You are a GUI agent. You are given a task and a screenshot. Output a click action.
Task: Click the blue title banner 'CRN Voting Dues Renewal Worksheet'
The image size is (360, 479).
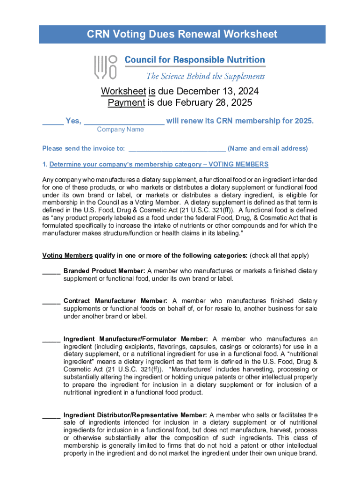(x=182, y=34)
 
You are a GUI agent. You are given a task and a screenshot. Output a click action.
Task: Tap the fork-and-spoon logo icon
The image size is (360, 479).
(x=105, y=66)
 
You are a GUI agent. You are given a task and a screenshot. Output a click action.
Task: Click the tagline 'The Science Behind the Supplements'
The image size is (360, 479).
(x=205, y=76)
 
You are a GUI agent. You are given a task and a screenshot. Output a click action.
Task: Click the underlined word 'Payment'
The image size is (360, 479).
(x=126, y=102)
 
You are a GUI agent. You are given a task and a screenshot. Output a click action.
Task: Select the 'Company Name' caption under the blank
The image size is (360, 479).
(x=120, y=130)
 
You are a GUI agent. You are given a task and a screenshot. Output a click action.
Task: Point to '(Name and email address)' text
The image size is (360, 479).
(x=267, y=149)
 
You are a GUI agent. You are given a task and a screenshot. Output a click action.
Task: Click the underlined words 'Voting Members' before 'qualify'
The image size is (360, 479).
(x=67, y=256)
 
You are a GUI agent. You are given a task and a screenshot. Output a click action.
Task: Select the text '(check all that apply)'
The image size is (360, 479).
(x=279, y=256)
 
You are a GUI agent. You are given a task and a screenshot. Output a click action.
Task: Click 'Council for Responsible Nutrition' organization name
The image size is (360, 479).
(x=194, y=60)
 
